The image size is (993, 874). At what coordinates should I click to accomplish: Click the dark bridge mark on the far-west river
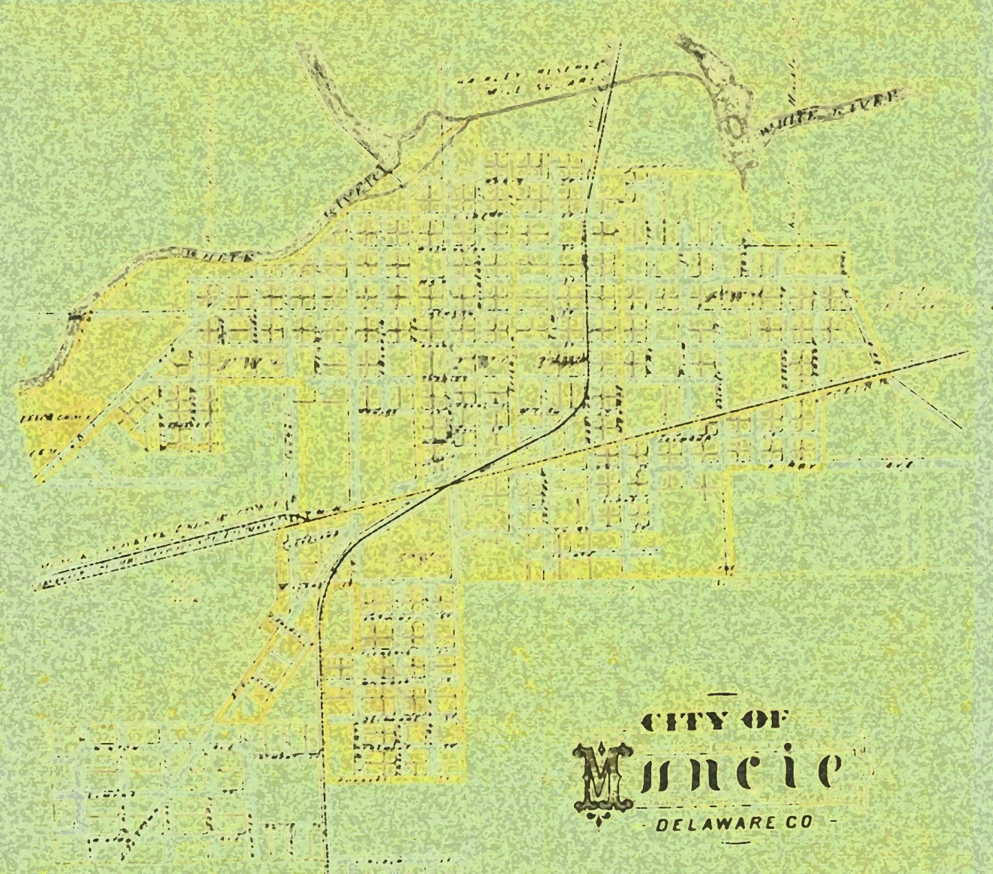click(x=75, y=317)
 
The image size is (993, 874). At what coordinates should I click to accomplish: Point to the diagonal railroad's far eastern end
click(x=966, y=352)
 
